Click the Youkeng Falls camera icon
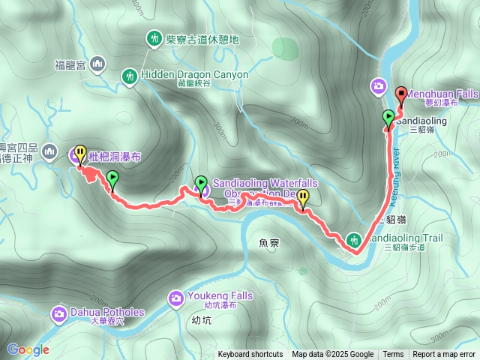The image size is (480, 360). [x=175, y=298]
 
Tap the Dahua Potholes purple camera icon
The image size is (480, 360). [x=59, y=313]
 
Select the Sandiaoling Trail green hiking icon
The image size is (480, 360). [x=353, y=241]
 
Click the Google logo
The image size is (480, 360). [x=28, y=349]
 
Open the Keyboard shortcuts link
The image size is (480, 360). [x=250, y=355]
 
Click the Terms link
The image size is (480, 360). [x=393, y=355]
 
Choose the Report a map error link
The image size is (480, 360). [x=444, y=355]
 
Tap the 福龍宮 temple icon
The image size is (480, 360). [x=97, y=66]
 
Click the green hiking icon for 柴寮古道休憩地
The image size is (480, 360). [x=154, y=37]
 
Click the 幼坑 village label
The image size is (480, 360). [x=202, y=319]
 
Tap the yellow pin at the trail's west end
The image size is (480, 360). [x=79, y=152]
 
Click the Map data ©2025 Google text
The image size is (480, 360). [x=333, y=355]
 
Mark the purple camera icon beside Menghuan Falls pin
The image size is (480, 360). [x=379, y=86]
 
